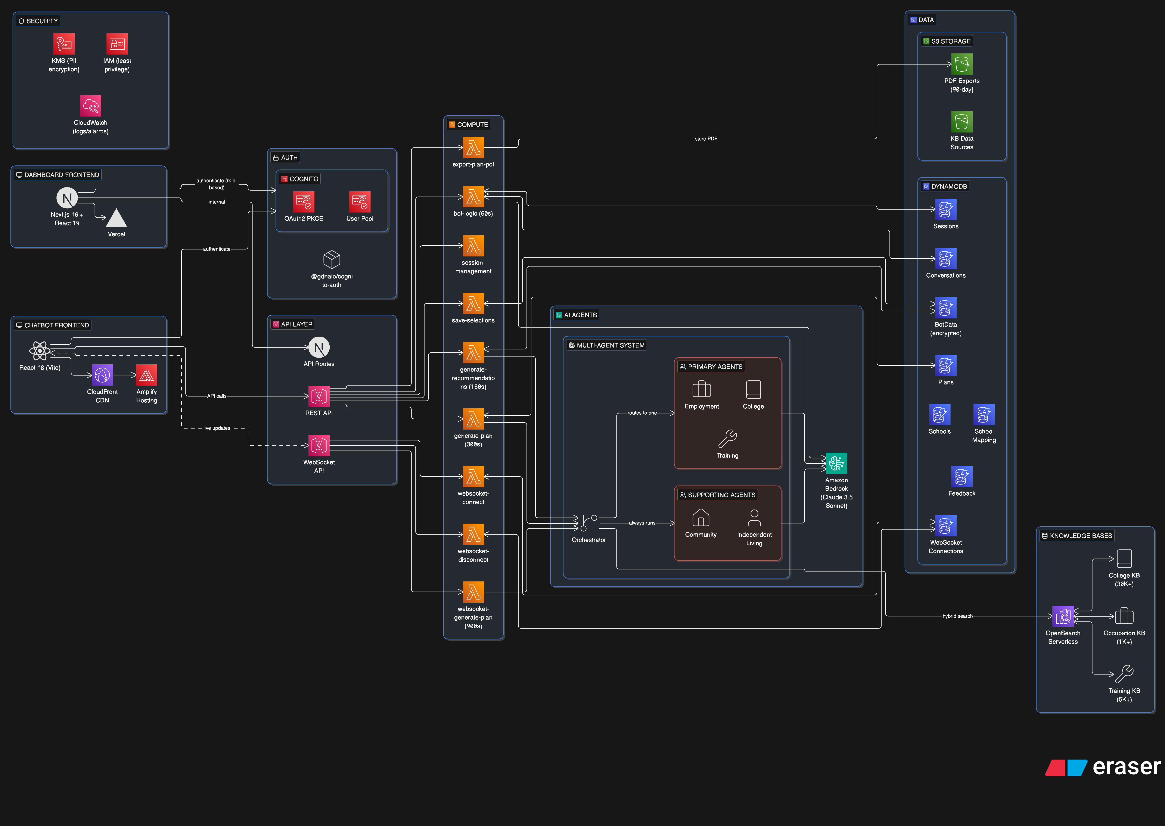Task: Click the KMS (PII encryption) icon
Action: pos(64,44)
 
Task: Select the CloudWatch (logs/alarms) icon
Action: pos(91,106)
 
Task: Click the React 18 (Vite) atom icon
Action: pos(40,350)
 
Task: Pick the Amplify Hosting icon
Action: pos(146,375)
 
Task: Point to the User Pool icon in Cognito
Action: pos(360,201)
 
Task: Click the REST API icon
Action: pos(319,396)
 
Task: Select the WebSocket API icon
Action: pos(319,445)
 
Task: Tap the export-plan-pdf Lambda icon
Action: pos(473,147)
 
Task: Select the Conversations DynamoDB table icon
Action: pos(946,258)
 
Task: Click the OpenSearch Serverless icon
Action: pos(1063,616)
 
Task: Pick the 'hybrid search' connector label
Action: pos(957,616)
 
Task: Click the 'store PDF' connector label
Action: pos(706,138)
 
